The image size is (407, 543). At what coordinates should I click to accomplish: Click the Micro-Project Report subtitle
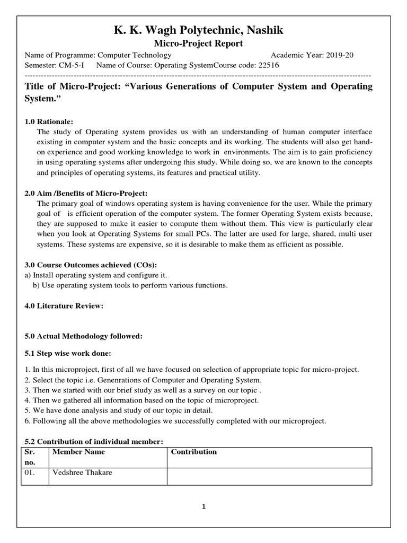coord(198,44)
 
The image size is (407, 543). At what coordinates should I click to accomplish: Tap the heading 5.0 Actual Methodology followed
coord(83,336)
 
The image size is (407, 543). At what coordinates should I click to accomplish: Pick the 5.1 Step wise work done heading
coord(68,353)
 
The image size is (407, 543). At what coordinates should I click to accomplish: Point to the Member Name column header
coord(78,452)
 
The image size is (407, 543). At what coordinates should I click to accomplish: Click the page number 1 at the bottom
coord(203,506)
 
